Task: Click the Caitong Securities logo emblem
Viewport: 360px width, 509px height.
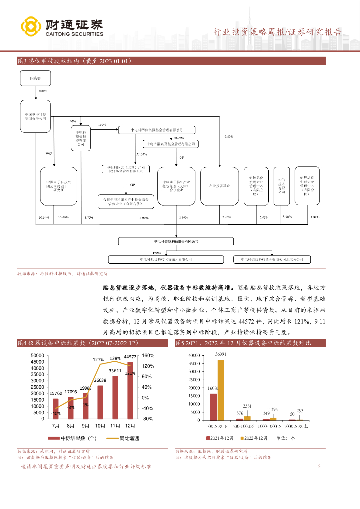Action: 30,27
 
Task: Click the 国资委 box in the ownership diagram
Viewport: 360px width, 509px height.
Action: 34,79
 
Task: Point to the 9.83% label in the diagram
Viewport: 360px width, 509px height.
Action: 229,136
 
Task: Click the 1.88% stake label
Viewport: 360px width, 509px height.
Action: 314,218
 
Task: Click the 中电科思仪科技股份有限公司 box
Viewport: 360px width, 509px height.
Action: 176,241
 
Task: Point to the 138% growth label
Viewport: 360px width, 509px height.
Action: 115,358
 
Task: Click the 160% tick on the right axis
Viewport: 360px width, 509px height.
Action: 148,356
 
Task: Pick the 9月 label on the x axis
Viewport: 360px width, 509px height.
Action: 85,426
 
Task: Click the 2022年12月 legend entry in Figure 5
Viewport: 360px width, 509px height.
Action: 254,438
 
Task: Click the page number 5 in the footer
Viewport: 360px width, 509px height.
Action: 319,466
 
